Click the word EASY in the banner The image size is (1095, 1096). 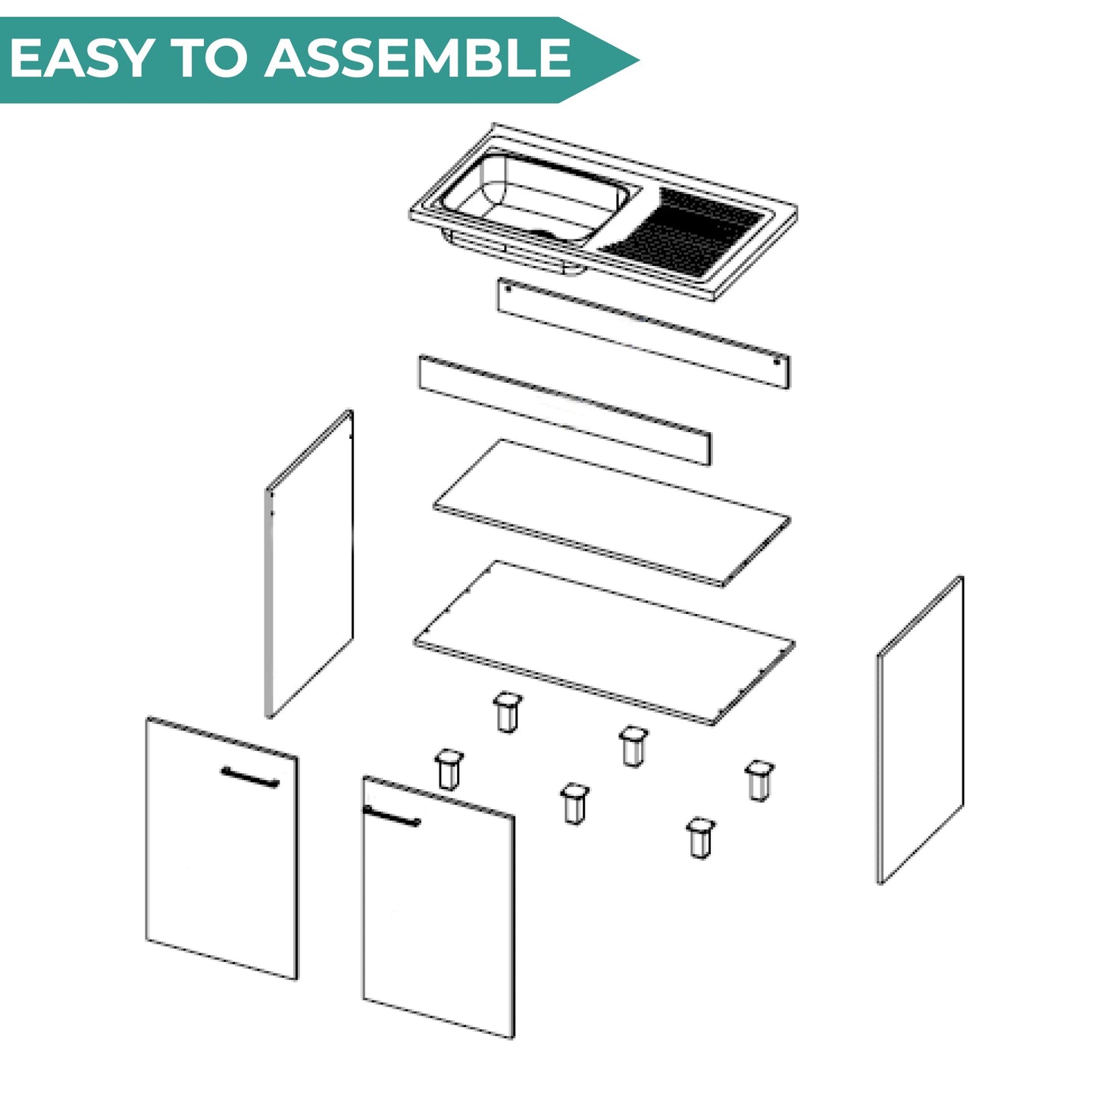[x=81, y=58]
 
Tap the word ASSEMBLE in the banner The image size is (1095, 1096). [x=418, y=58]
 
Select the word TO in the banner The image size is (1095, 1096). [x=208, y=58]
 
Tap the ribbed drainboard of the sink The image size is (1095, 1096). [x=683, y=233]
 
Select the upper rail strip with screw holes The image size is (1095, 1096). [x=643, y=333]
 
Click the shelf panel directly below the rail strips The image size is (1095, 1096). [x=612, y=512]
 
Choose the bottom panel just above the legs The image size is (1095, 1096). [x=604, y=643]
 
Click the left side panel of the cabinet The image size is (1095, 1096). [x=310, y=563]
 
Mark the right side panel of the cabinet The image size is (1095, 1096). [x=920, y=730]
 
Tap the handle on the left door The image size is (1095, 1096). [x=250, y=777]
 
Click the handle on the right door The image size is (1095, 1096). [x=391, y=816]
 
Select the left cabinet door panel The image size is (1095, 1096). [x=222, y=849]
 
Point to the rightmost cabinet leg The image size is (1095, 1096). [x=759, y=781]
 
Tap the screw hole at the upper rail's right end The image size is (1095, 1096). [x=777, y=362]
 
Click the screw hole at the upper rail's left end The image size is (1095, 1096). [x=508, y=288]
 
